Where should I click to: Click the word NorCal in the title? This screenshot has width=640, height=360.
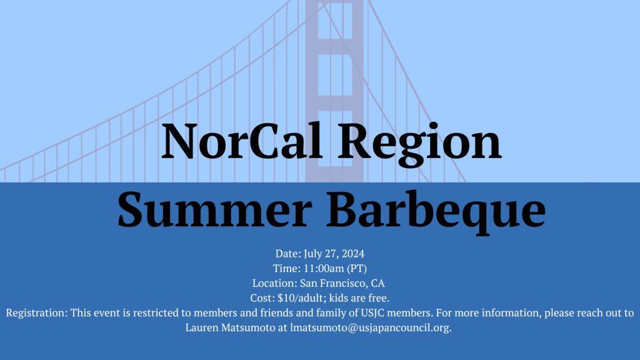pyautogui.click(x=242, y=141)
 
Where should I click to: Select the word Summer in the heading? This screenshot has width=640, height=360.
pyautogui.click(x=215, y=211)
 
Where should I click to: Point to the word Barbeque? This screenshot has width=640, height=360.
pyautogui.click(x=436, y=212)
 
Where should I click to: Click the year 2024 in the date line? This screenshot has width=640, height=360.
pyautogui.click(x=353, y=254)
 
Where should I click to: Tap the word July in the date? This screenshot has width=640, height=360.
pyautogui.click(x=313, y=254)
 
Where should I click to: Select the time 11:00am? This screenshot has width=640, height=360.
pyautogui.click(x=324, y=269)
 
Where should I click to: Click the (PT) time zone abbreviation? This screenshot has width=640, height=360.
pyautogui.click(x=357, y=269)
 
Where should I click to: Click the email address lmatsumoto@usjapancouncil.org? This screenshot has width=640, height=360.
pyautogui.click(x=371, y=328)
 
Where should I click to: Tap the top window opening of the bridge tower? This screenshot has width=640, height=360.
pyautogui.click(x=335, y=21)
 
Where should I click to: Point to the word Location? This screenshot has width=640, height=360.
pyautogui.click(x=275, y=283)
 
